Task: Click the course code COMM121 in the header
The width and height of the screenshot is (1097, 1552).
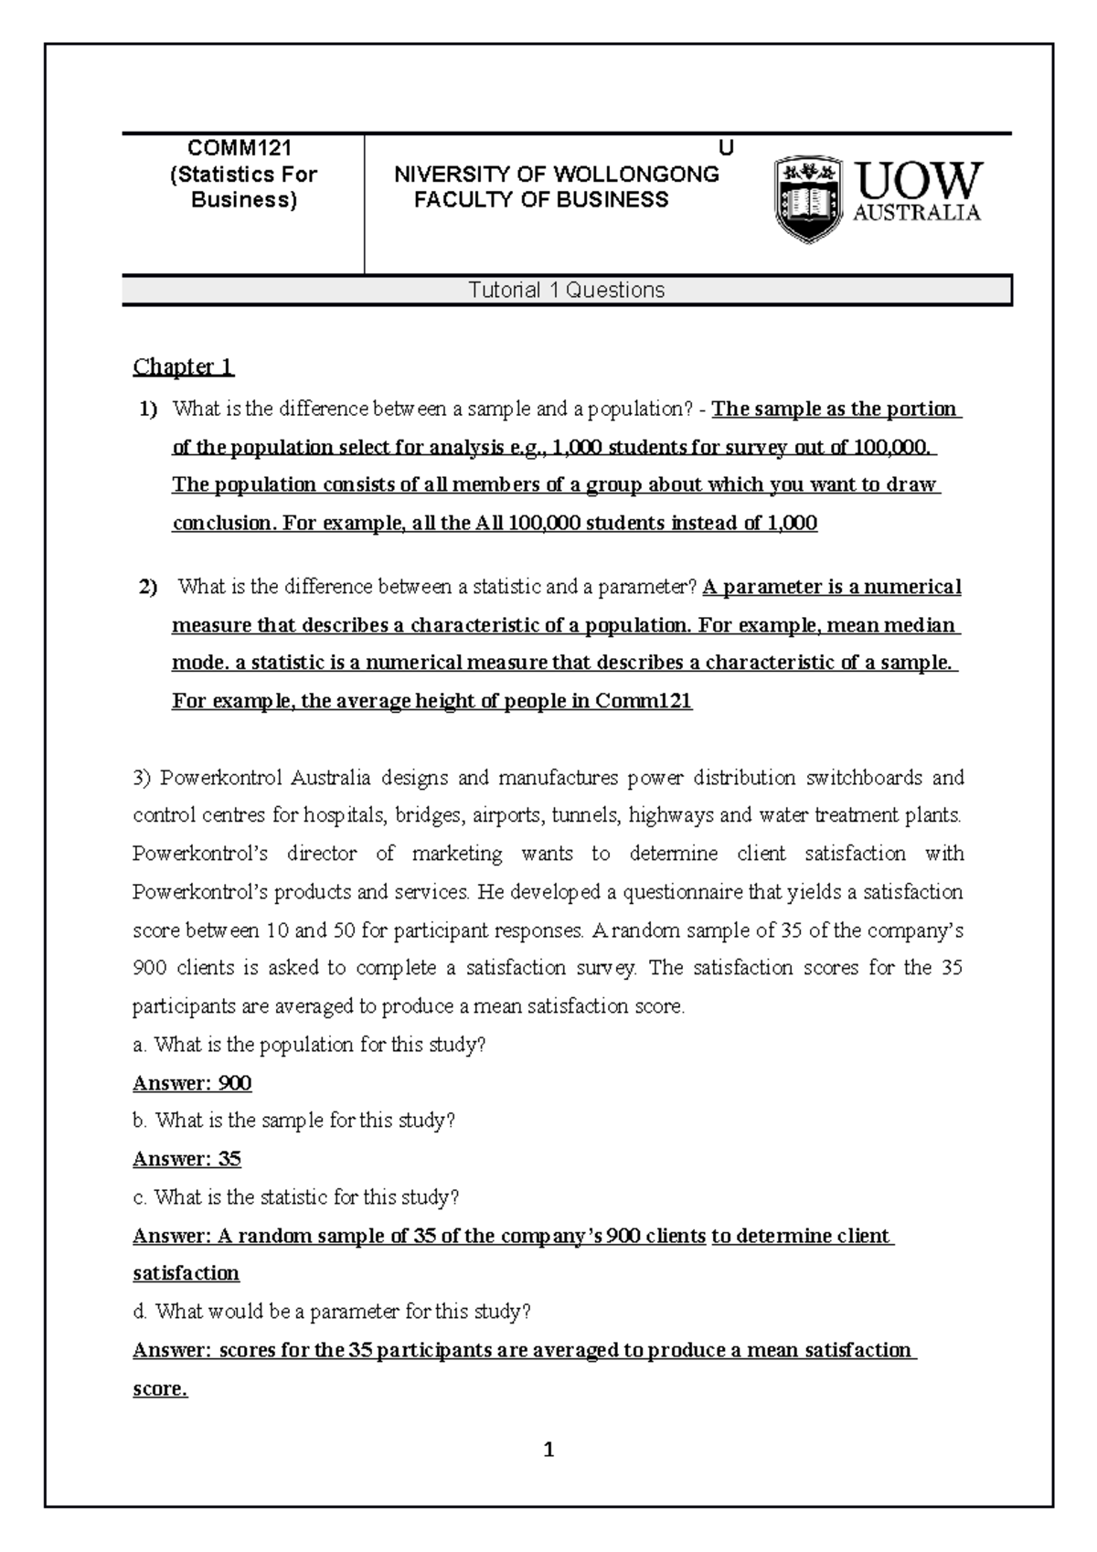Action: [x=240, y=149]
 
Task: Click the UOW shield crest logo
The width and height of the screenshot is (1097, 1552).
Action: [x=808, y=197]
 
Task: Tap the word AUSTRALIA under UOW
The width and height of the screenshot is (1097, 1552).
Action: [x=916, y=213]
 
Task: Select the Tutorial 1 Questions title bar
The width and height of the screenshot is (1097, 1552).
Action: [x=567, y=291]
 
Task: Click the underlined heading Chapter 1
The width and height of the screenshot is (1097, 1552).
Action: [x=184, y=367]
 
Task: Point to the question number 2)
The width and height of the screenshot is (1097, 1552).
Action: [x=148, y=587]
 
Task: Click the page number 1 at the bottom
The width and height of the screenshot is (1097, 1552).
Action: [x=548, y=1450]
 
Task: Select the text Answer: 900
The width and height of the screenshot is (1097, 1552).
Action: [x=192, y=1084]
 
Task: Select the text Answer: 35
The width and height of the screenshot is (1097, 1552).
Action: [x=186, y=1160]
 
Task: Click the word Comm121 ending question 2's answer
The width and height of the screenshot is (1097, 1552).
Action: [x=644, y=702]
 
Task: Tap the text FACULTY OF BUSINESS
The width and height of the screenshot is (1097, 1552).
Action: [x=541, y=200]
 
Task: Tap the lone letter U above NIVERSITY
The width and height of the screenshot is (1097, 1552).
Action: [x=726, y=149]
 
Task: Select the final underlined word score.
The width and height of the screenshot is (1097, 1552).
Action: [x=160, y=1389]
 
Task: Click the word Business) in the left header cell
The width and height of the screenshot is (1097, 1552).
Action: [x=244, y=200]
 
